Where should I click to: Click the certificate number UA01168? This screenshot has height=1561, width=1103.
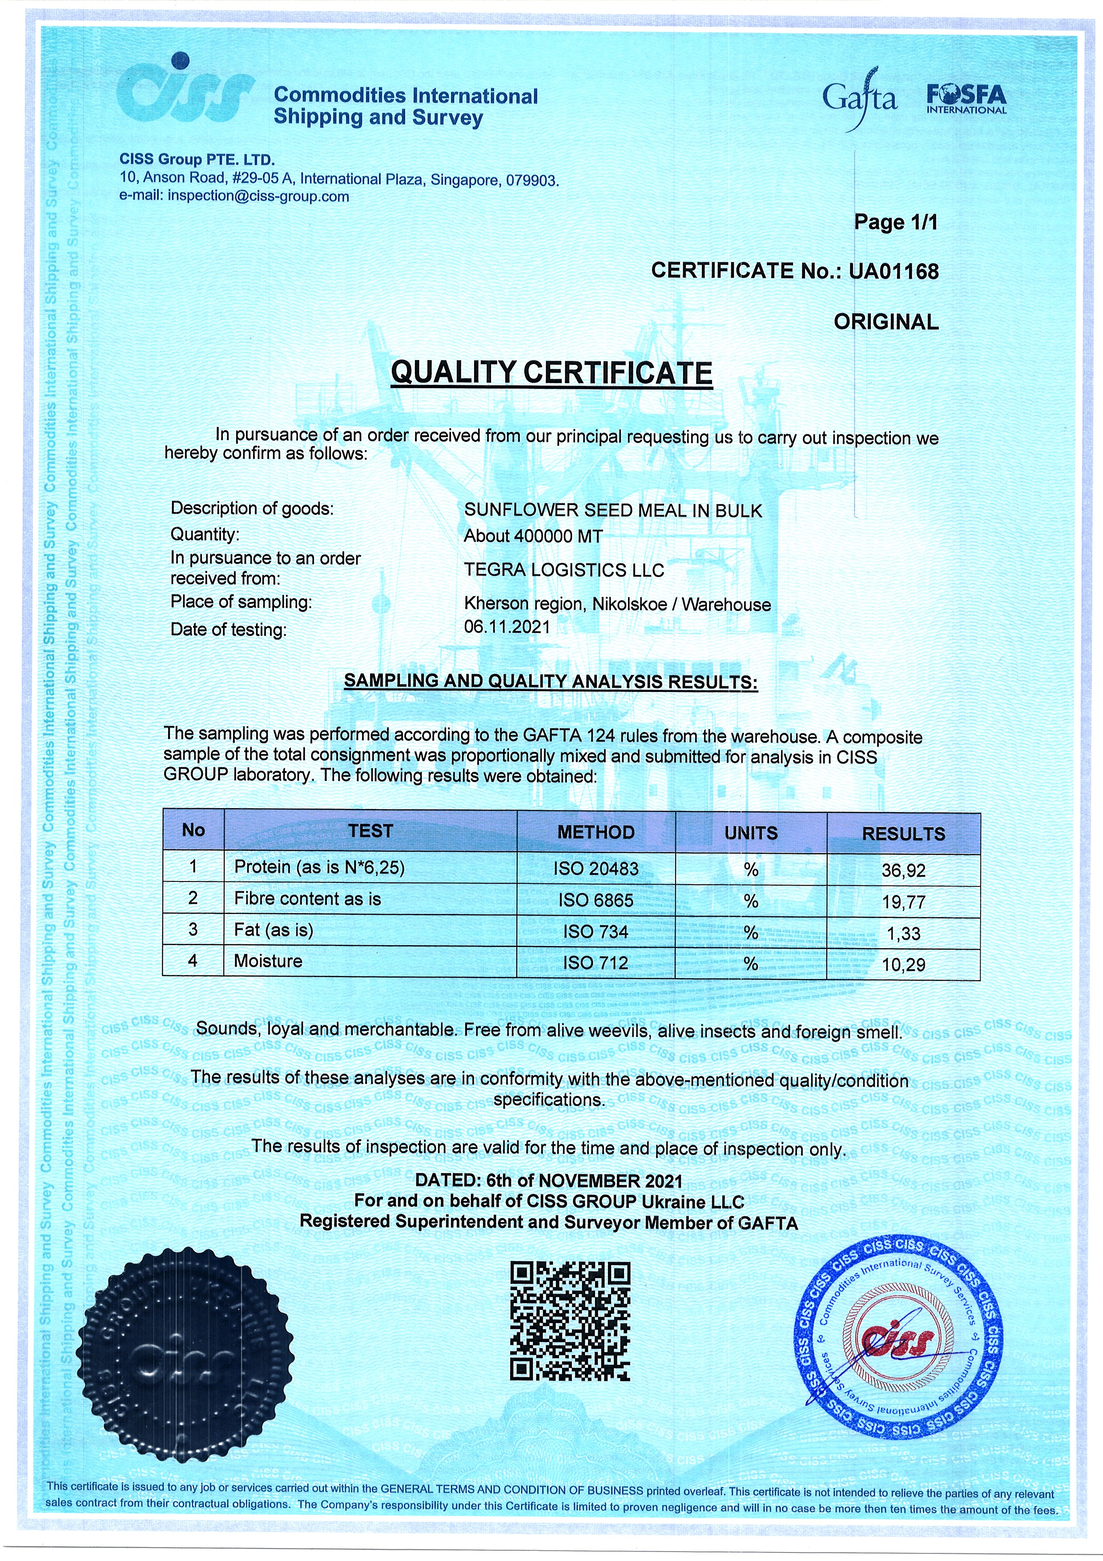coord(894,271)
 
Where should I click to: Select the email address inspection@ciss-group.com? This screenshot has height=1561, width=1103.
coord(258,197)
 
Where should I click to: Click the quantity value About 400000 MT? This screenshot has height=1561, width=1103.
coord(533,536)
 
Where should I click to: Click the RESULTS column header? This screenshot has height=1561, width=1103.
coord(903,833)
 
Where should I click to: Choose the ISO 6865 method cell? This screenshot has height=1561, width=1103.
coord(596,900)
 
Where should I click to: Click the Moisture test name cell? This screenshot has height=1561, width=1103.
coord(268,961)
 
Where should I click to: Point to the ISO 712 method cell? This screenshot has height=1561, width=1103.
coord(596,962)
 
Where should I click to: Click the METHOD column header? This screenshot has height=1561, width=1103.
coord(596,832)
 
